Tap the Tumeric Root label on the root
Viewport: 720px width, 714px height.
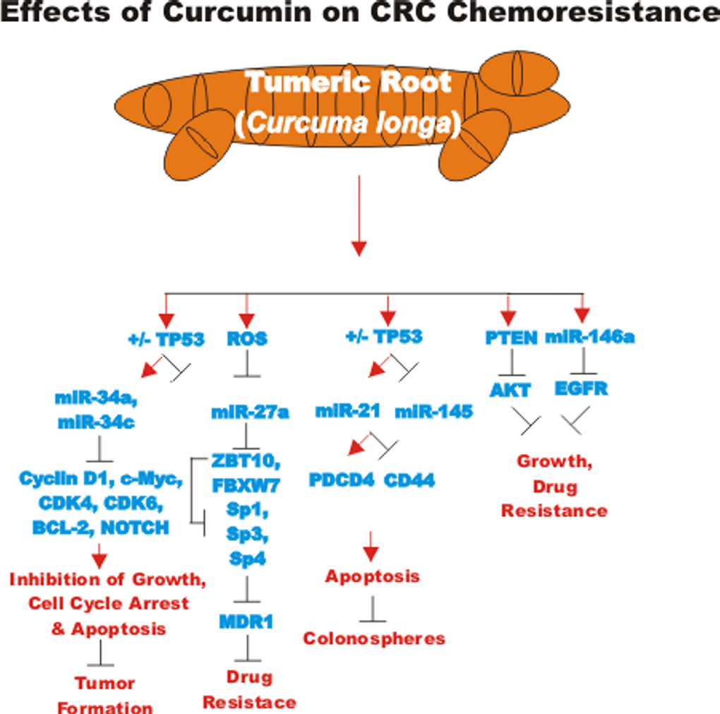(x=347, y=83)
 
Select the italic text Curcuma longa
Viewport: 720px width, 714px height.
(x=348, y=124)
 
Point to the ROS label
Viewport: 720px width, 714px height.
(x=247, y=339)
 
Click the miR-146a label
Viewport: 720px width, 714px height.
(x=589, y=338)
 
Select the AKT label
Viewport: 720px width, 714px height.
(x=510, y=390)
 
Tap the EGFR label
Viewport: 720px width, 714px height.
(x=581, y=388)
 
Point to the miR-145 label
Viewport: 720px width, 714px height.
(x=433, y=411)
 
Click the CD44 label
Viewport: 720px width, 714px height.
(x=409, y=481)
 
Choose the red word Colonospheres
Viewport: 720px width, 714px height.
(x=374, y=638)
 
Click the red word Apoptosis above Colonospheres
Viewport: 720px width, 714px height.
(x=372, y=576)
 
